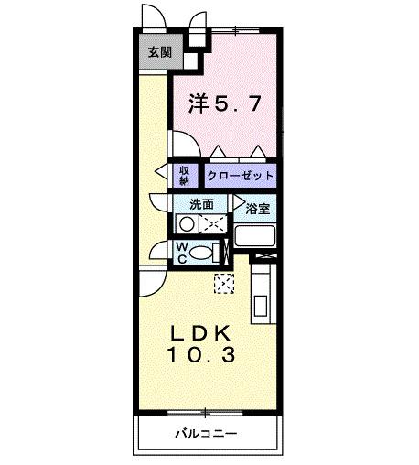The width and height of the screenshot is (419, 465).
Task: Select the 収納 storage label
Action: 184,174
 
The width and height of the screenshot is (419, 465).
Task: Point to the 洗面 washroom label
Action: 201,204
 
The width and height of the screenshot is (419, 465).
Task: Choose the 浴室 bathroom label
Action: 258,209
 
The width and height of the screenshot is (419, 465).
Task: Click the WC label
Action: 182,252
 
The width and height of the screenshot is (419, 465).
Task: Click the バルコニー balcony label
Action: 207,434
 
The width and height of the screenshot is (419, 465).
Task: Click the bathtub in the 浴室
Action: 255,236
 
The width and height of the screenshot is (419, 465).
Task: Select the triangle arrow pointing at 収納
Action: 161,172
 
